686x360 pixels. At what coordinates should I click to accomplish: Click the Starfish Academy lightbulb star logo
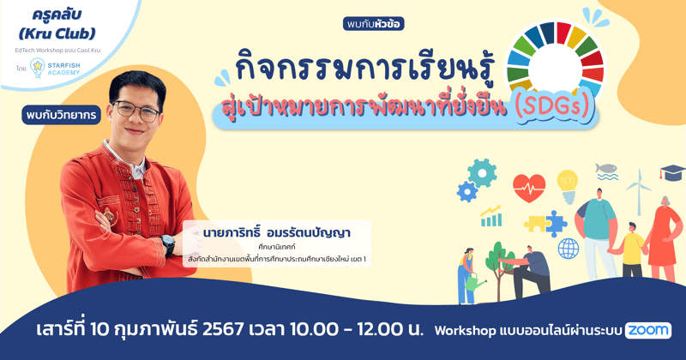click(38, 68)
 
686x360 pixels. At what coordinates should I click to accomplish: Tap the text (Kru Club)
click(57, 34)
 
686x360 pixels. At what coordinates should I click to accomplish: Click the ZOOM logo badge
click(647, 330)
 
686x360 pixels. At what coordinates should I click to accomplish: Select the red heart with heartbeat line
click(529, 186)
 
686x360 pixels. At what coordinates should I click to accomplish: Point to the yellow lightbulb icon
click(567, 181)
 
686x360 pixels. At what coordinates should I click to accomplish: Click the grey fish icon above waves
click(606, 171)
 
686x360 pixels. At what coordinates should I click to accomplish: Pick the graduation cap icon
click(671, 174)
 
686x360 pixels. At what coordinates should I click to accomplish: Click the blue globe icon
click(569, 249)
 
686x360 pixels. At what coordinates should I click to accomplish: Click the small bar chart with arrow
click(491, 217)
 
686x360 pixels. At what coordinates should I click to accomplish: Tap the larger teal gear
click(483, 173)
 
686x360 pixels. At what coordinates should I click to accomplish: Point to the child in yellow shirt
click(633, 249)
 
